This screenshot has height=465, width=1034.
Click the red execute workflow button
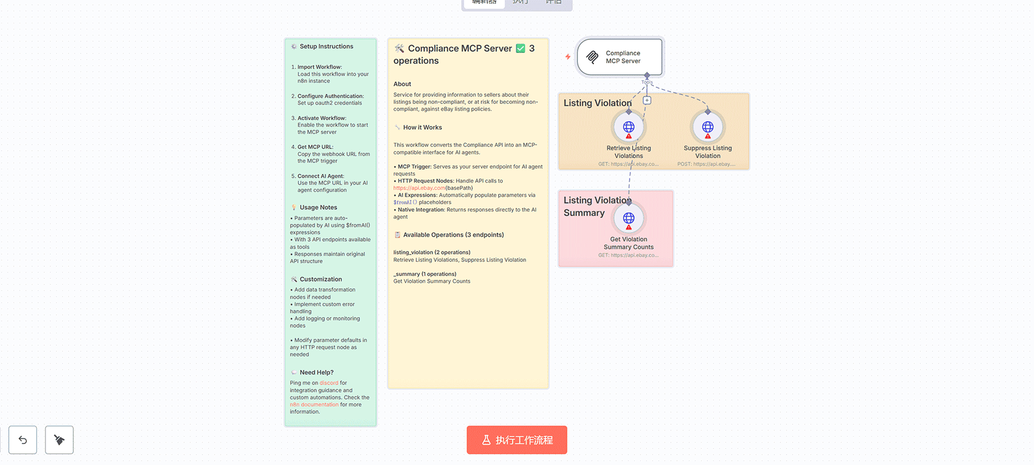pos(516,440)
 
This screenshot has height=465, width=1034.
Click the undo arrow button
pos(23,440)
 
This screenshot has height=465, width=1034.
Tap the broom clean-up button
pos(59,440)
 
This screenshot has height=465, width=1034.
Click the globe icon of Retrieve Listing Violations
pos(628,127)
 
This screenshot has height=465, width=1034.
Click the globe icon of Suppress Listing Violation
pos(708,127)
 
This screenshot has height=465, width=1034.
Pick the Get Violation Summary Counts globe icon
pos(628,218)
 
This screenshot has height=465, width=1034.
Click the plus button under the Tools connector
pos(647,100)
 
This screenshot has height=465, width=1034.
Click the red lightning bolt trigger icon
pos(567,57)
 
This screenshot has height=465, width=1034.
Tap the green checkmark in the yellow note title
pos(521,49)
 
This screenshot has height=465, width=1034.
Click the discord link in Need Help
pos(329,383)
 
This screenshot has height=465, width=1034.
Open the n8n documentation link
pos(314,405)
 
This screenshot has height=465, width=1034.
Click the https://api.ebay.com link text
pos(419,188)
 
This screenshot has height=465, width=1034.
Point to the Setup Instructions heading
pos(326,47)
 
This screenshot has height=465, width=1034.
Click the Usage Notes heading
pos(318,208)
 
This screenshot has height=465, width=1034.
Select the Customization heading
pos(321,279)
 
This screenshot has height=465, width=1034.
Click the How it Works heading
pos(422,127)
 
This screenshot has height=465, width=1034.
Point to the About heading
pos(403,84)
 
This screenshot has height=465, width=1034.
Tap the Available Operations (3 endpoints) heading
pos(453,235)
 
